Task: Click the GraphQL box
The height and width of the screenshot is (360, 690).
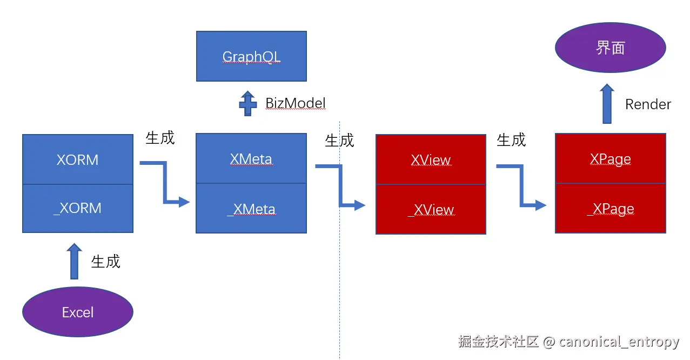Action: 251,56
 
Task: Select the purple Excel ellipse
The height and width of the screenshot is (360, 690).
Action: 78,312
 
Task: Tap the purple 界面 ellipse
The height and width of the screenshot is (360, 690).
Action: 611,48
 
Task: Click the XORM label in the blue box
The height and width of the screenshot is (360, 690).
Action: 78,159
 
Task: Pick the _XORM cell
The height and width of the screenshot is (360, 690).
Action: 78,208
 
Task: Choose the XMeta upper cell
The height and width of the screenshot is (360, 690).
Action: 251,159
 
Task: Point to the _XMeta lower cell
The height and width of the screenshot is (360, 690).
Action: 251,209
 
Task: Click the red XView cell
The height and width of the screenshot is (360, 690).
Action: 431,159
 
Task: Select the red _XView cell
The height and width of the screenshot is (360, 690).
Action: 431,209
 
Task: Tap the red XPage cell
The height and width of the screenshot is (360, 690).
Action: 611,158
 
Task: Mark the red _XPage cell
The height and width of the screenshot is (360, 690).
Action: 611,209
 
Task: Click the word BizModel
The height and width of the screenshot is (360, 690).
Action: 296,103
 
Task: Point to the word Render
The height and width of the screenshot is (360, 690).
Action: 648,104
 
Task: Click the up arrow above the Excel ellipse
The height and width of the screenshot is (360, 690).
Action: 74,262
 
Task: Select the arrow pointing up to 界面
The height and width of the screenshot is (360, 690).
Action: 607,103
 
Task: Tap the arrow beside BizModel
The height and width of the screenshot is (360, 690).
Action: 248,103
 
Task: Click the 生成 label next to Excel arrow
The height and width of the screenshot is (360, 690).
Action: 105,262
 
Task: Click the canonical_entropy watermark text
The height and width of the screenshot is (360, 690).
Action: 619,342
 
